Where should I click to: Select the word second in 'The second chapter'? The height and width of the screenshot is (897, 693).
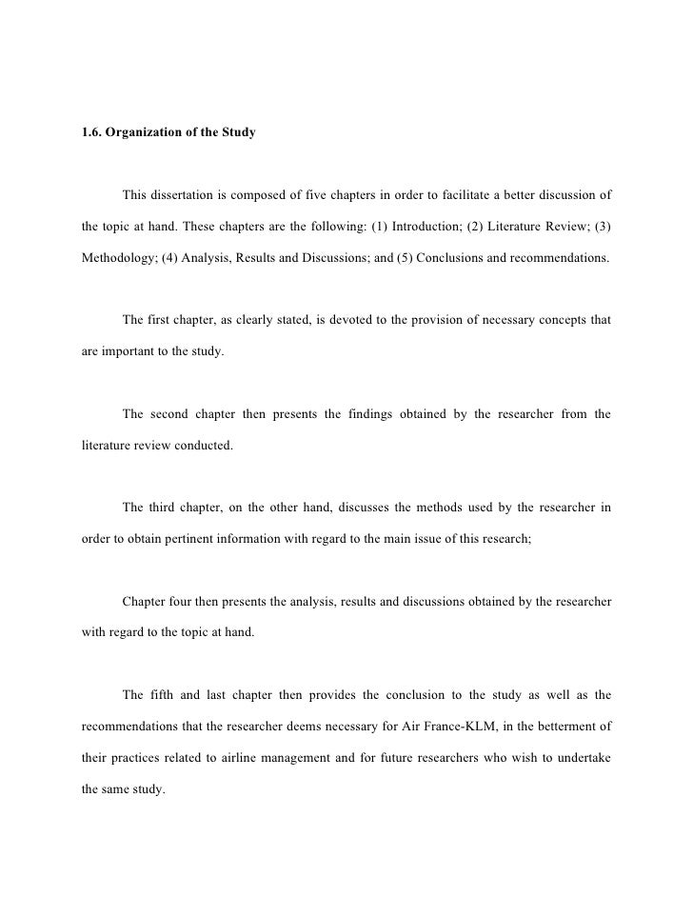[x=170, y=412]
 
